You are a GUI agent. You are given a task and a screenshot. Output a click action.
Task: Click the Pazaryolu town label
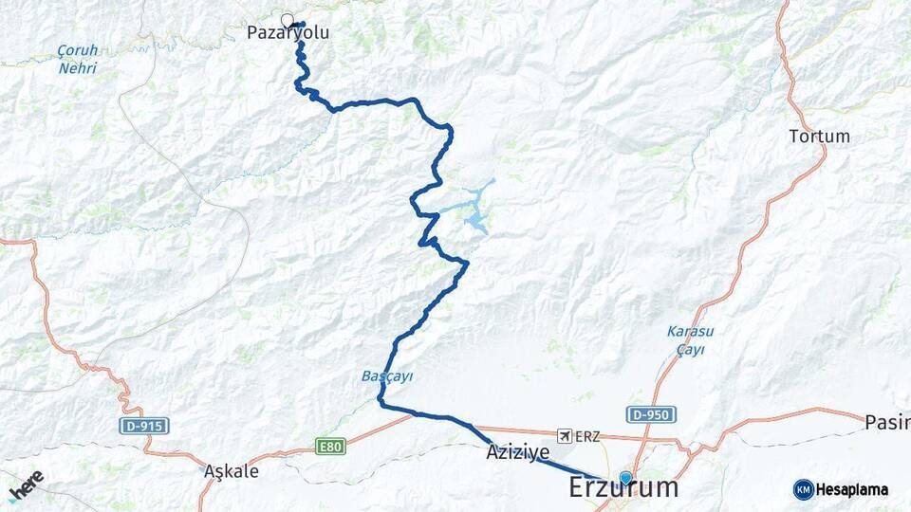tap(288, 32)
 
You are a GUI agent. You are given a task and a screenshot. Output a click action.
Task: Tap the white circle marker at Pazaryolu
tap(288, 19)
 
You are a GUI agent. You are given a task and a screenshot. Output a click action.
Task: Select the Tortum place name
tap(819, 137)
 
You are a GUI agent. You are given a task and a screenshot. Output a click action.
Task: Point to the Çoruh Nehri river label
tap(77, 59)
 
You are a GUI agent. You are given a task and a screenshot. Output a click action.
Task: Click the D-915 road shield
tap(145, 427)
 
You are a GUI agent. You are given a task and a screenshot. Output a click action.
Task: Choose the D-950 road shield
tap(651, 414)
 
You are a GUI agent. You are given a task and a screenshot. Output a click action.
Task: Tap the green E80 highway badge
tap(329, 446)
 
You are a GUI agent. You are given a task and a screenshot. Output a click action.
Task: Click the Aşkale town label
tap(232, 471)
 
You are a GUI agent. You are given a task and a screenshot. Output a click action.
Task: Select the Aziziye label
tap(517, 454)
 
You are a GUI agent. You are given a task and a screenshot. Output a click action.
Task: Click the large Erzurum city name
tap(623, 488)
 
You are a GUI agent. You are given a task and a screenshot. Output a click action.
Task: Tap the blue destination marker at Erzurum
tap(625, 478)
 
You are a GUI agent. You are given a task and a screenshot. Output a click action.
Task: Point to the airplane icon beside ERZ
tap(567, 435)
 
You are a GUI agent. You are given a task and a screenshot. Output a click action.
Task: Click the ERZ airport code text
tap(587, 436)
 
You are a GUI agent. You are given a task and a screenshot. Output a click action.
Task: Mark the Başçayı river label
tap(387, 376)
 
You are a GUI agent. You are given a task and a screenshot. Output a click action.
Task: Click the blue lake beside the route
tap(474, 222)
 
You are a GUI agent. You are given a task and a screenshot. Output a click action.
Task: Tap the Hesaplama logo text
tap(852, 490)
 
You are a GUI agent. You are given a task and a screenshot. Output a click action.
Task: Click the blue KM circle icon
tap(804, 490)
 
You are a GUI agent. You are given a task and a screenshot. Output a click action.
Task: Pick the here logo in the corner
tap(26, 485)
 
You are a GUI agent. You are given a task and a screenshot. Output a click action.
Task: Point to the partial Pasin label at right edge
tap(887, 421)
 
